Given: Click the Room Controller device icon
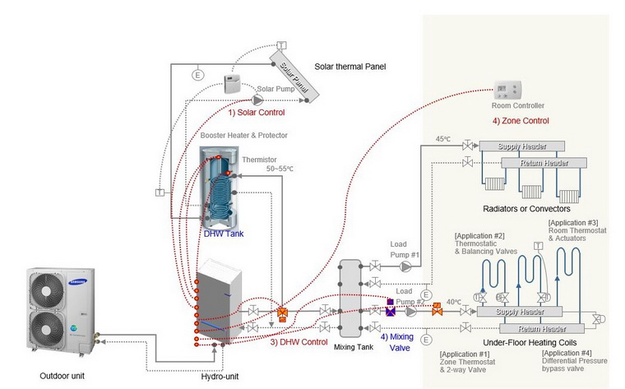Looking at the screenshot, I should [x=505, y=89].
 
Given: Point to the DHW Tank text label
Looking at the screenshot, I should [x=223, y=233].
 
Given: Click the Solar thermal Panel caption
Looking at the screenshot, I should [x=350, y=67].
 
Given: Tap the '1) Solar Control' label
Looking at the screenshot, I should [x=257, y=111].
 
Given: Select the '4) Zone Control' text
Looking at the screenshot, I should [x=521, y=121].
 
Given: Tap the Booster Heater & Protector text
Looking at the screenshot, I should [x=244, y=135].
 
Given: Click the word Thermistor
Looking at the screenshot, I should [x=260, y=160].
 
